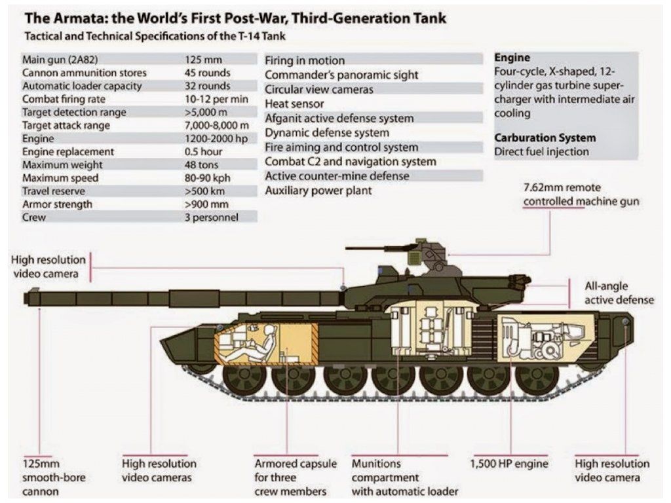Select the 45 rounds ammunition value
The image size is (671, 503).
pos(207,73)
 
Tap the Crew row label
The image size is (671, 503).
pos(34,217)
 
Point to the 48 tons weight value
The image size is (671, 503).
pos(201,164)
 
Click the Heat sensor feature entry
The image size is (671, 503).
pos(294,103)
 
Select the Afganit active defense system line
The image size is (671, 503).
pos(339,119)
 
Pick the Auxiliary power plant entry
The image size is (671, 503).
pos(318,191)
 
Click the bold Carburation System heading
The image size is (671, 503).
pos(545,138)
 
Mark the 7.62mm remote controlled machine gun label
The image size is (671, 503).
pos(581,195)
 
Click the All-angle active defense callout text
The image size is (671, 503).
pos(619,293)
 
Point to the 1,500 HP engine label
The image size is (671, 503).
pos(509,464)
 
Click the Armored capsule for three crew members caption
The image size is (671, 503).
pos(296,477)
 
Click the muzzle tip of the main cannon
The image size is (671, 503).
pos(28,298)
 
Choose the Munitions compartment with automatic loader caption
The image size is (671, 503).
pos(404,477)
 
